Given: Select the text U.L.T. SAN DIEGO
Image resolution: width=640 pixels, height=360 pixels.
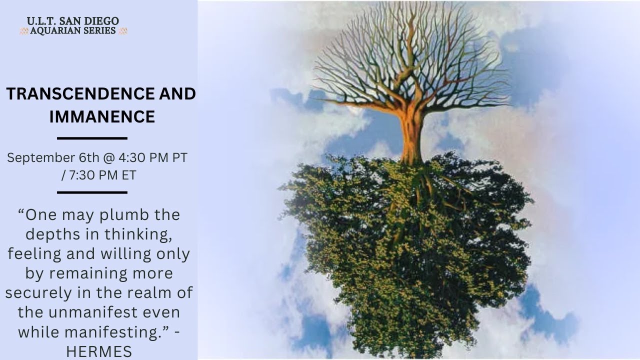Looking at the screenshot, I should [x=73, y=21].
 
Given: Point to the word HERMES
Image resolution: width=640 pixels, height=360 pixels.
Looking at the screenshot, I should [x=98, y=352].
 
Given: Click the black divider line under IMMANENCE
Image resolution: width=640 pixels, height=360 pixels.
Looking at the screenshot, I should [x=92, y=138].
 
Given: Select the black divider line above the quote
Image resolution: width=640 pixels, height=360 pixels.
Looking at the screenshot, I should [x=92, y=192].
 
